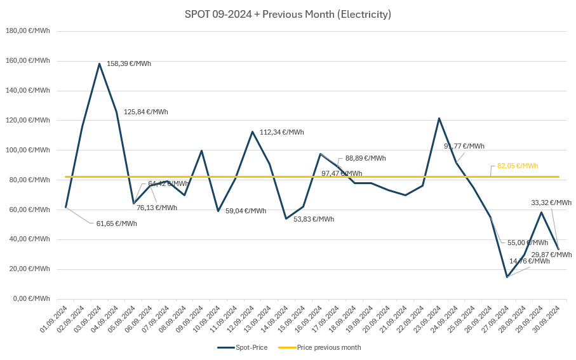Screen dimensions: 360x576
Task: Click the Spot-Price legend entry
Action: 243,347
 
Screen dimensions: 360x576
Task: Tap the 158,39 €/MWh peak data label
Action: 129,63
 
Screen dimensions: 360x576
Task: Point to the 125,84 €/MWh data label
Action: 146,112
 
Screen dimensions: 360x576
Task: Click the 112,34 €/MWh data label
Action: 282,132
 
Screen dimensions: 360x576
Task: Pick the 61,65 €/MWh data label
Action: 116,223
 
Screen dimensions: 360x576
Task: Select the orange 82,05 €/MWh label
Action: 518,166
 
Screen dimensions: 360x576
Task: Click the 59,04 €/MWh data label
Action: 246,211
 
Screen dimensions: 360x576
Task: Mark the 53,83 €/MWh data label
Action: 314,219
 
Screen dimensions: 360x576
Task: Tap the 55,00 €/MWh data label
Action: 528,243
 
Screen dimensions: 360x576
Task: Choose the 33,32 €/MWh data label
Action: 551,203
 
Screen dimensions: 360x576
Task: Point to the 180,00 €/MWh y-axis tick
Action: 28,30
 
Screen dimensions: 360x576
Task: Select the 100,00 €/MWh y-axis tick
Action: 28,150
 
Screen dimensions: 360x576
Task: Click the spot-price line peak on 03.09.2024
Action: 100,63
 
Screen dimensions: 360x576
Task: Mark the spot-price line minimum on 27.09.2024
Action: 507,277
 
